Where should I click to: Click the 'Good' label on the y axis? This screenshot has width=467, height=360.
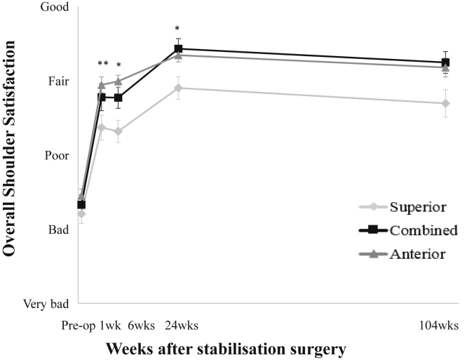pos(56,8)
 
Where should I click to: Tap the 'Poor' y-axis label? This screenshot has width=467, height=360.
pos(57,156)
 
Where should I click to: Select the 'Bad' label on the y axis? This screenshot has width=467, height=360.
pos(58,229)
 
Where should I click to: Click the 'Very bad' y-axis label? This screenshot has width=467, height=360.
pos(46,304)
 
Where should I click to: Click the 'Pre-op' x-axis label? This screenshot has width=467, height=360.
pos(77,326)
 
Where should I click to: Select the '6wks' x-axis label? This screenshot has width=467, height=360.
pos(142,326)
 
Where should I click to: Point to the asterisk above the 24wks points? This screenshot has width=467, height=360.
pos(177,30)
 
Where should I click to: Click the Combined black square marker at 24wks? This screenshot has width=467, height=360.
pos(178,49)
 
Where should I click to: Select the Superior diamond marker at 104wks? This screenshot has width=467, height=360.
pos(445,103)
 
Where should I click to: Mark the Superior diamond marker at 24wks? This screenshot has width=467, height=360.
pos(178,88)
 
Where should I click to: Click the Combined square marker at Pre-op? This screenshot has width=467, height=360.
pos(81,204)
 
